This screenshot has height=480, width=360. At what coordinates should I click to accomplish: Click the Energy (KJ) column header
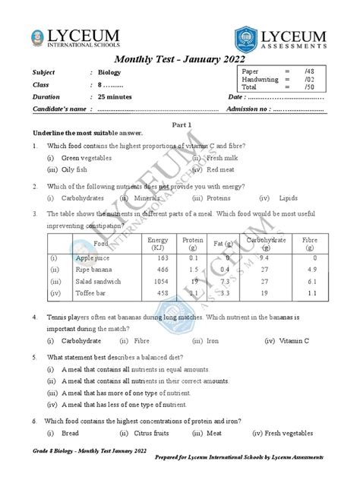pyautogui.click(x=159, y=244)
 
